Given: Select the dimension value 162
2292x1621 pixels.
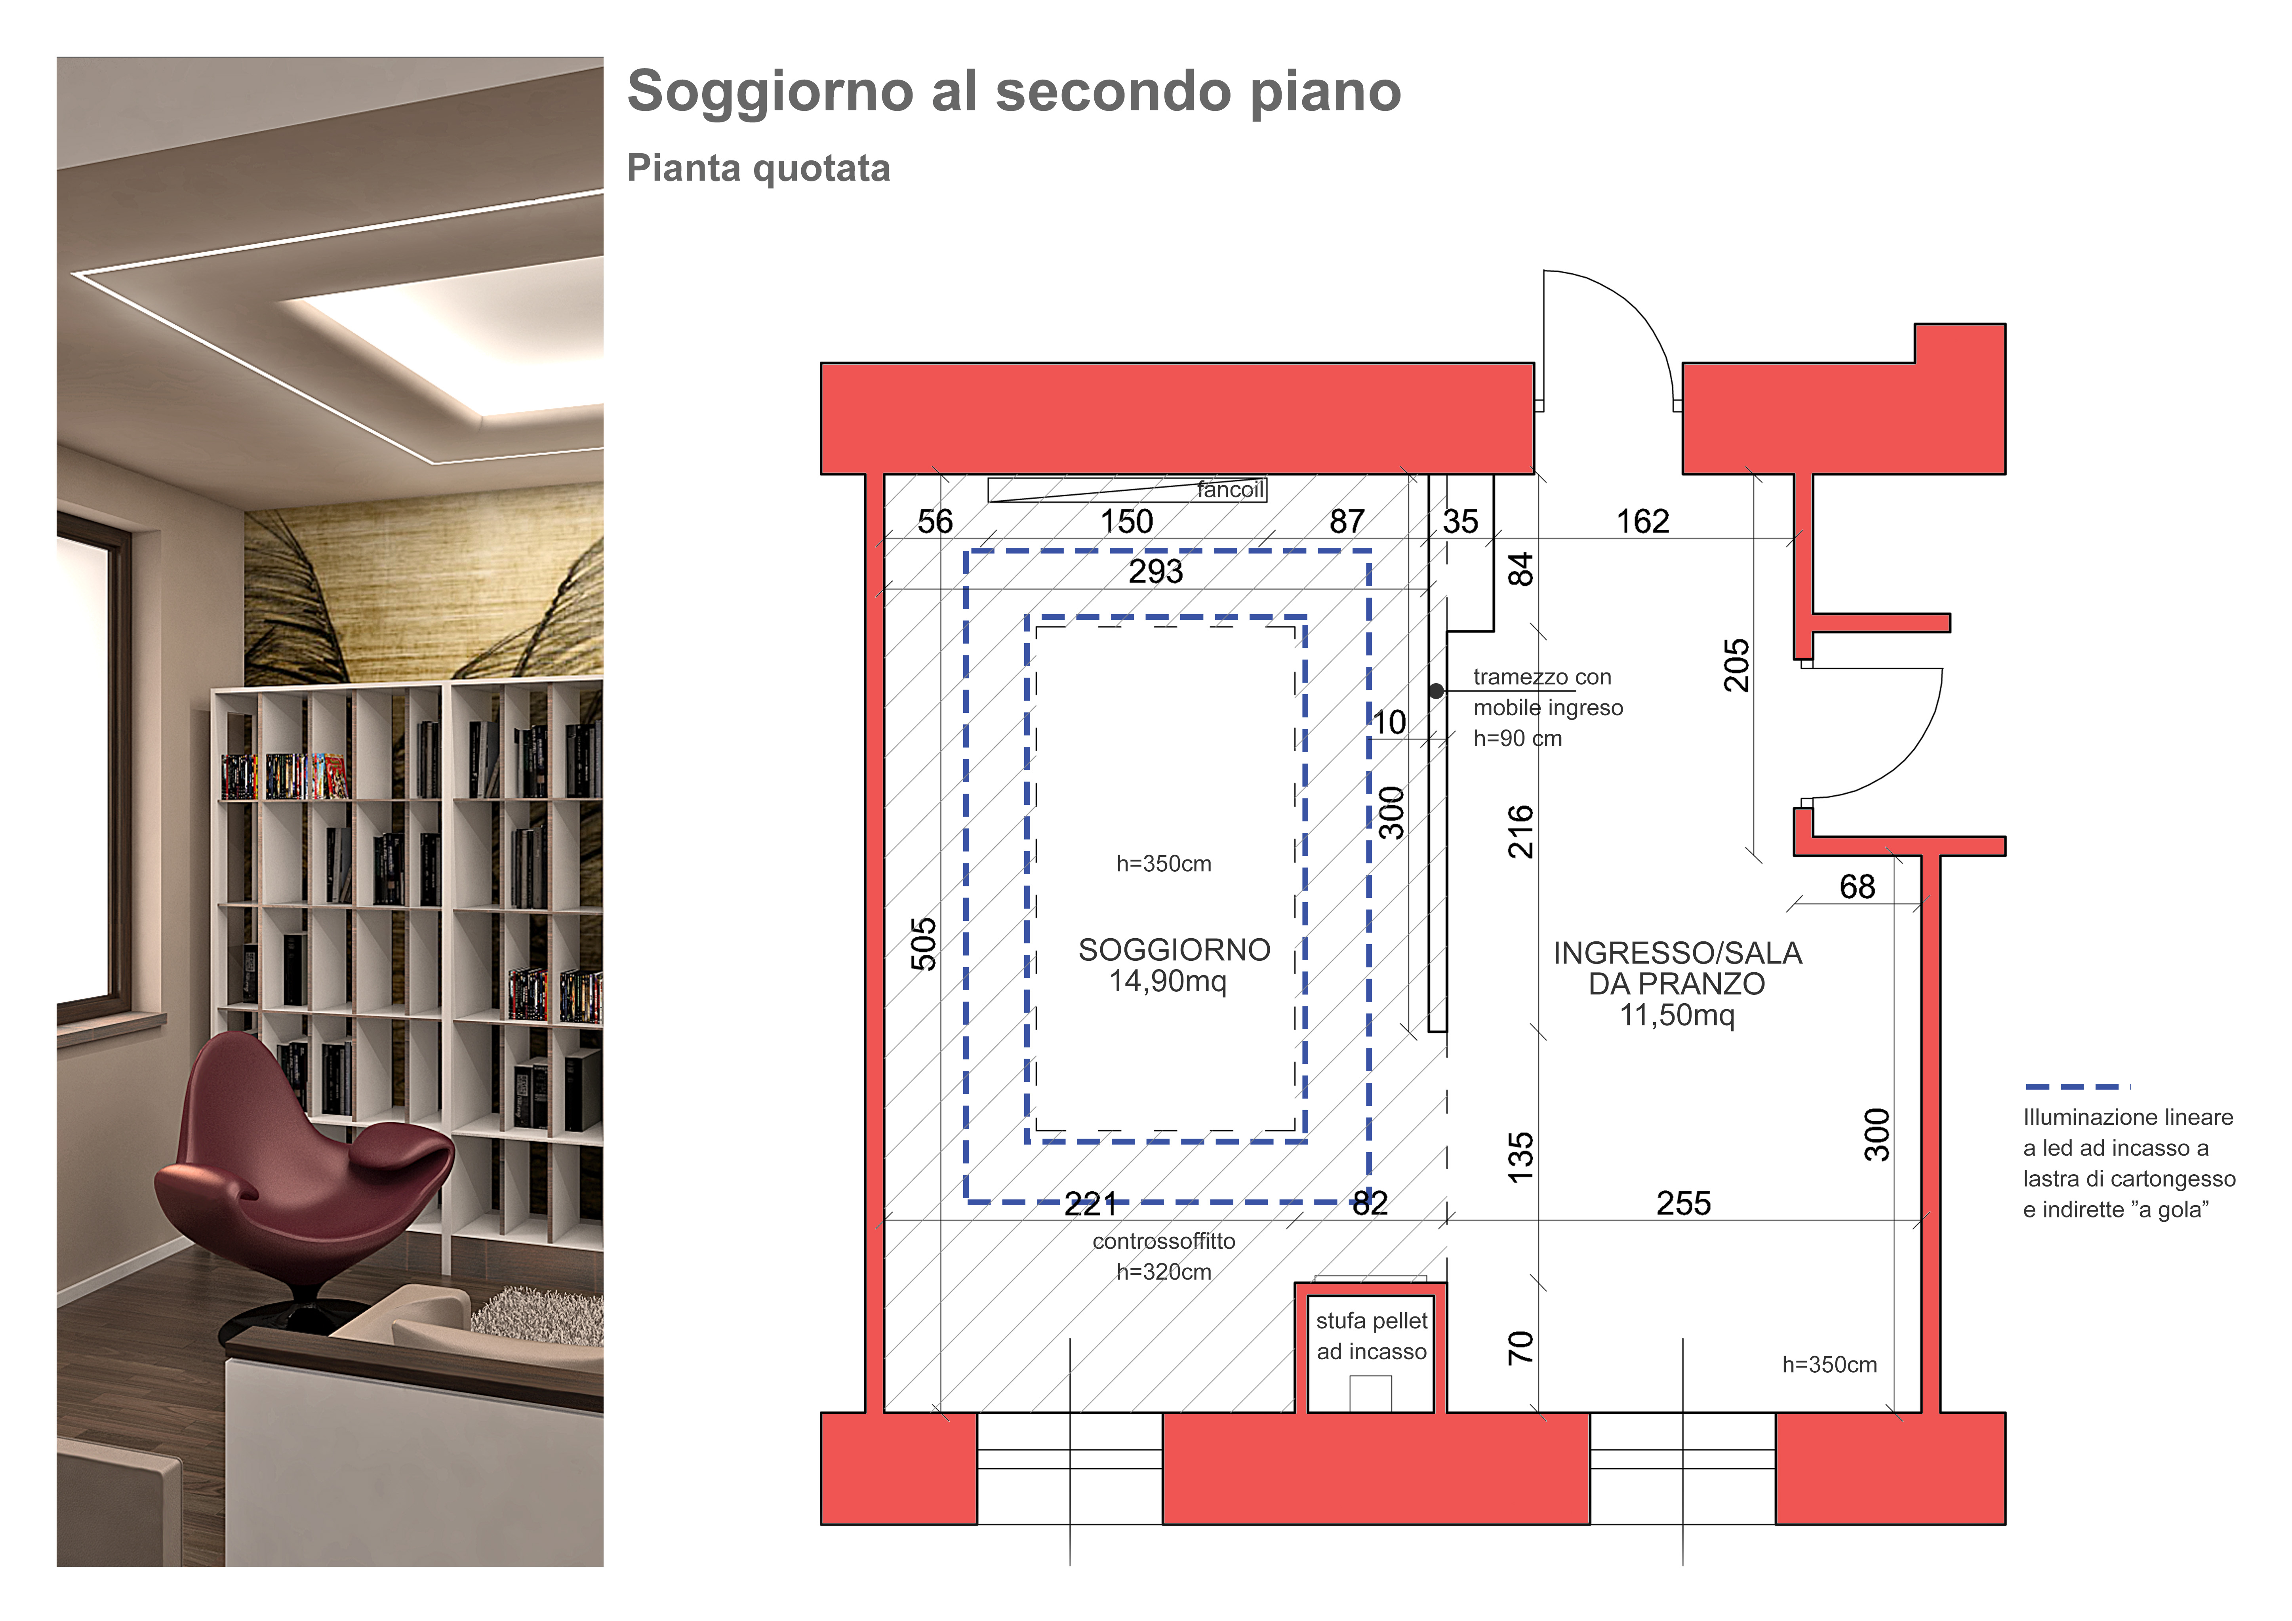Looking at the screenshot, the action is click(1642, 521).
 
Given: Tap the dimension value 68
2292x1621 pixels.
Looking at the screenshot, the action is click(1857, 886).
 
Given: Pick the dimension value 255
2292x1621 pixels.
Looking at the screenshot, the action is click(1683, 1203).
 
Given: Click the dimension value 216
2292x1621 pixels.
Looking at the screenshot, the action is click(1519, 831).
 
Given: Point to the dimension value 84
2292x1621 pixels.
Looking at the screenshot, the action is click(1519, 570).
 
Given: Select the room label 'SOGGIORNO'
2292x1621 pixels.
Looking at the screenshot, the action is click(1174, 949).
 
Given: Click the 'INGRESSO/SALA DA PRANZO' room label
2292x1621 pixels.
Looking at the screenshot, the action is click(1677, 983).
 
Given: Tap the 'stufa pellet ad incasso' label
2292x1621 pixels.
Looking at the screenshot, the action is click(1372, 1335).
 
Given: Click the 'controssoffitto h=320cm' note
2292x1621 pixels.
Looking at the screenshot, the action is click(1164, 1256).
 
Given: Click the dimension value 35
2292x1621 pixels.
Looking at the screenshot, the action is click(1460, 521).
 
